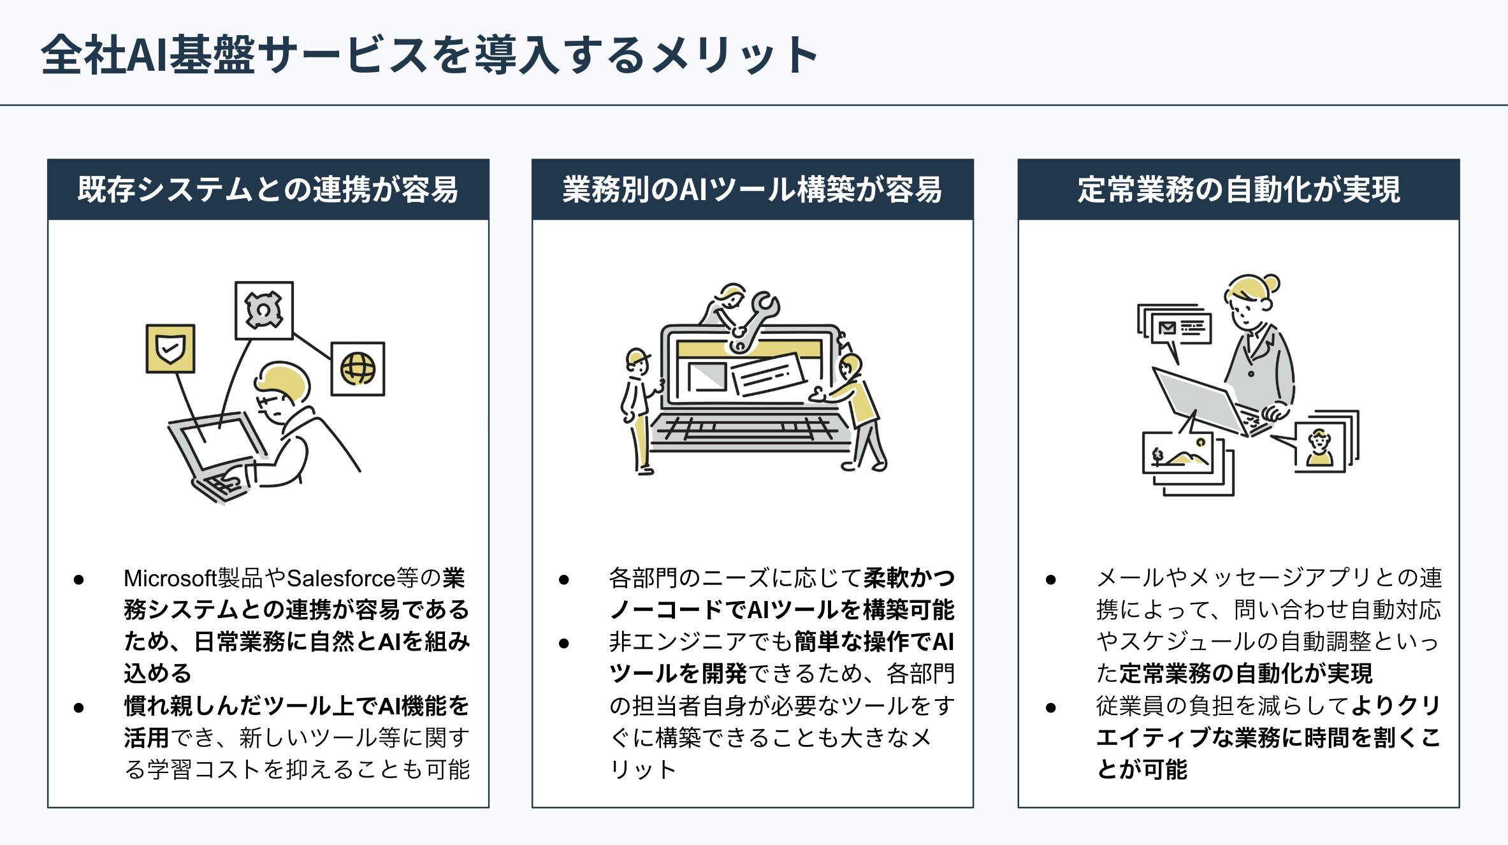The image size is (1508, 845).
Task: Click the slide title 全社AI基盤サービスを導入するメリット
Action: [428, 55]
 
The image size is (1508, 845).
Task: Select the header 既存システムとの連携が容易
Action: [268, 190]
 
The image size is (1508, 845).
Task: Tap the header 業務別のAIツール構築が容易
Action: [752, 190]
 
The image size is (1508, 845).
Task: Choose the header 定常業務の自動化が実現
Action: [1238, 190]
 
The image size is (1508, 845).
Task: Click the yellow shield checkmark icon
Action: [170, 349]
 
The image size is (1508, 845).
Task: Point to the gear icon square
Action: [264, 310]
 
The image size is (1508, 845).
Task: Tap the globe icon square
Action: [358, 369]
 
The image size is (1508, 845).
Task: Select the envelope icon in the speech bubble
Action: [1167, 328]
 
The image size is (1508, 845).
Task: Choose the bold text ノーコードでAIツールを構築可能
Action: [781, 610]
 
